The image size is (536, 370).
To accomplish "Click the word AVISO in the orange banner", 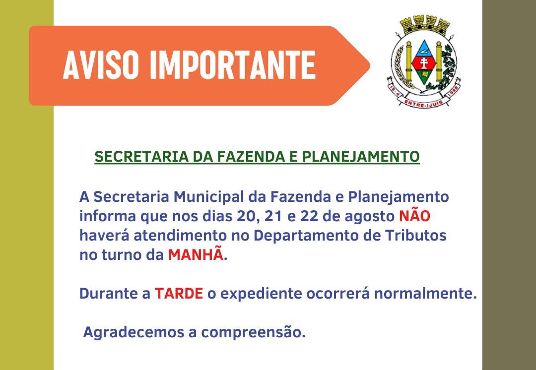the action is coord(101,65).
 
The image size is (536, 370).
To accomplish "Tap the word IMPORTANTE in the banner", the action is coord(233,65).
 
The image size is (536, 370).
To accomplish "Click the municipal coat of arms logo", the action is coord(424,62).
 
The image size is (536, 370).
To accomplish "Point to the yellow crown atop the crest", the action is coord(425,25).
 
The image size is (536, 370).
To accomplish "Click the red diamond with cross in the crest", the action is coord(424,62).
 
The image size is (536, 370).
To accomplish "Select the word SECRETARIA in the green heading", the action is coord(141,157).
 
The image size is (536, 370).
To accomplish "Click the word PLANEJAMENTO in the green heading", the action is coord(361,157).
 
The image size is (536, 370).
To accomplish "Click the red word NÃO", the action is coord(414,216).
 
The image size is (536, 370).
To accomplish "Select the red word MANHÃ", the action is coord(196,254).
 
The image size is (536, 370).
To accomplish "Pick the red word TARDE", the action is coord(179,294).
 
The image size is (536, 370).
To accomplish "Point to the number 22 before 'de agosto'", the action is coord(309,216).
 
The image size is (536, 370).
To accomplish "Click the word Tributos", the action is coord(416,236).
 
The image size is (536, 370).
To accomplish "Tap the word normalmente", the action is coord(425,294).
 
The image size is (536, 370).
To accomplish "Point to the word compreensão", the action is coord(253,333).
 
